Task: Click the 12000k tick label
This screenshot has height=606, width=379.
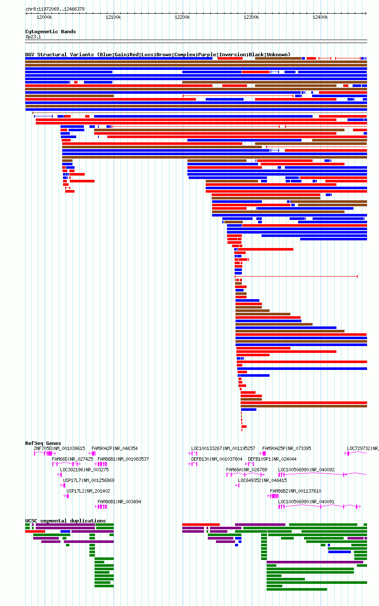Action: tap(44, 17)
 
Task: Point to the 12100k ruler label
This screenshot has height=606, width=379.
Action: tap(113, 17)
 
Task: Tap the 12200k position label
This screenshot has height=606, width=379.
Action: tap(182, 17)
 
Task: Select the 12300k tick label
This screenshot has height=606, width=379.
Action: tap(251, 17)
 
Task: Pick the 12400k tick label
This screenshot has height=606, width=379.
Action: tap(320, 17)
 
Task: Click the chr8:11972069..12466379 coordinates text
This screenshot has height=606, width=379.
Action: tap(55, 9)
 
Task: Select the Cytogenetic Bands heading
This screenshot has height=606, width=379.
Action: tap(51, 32)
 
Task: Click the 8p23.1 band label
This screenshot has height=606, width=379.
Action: tap(33, 37)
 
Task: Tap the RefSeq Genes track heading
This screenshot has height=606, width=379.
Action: tap(43, 443)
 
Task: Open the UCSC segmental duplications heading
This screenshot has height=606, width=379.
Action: tap(66, 521)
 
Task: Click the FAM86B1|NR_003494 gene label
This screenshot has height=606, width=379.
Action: tap(119, 502)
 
